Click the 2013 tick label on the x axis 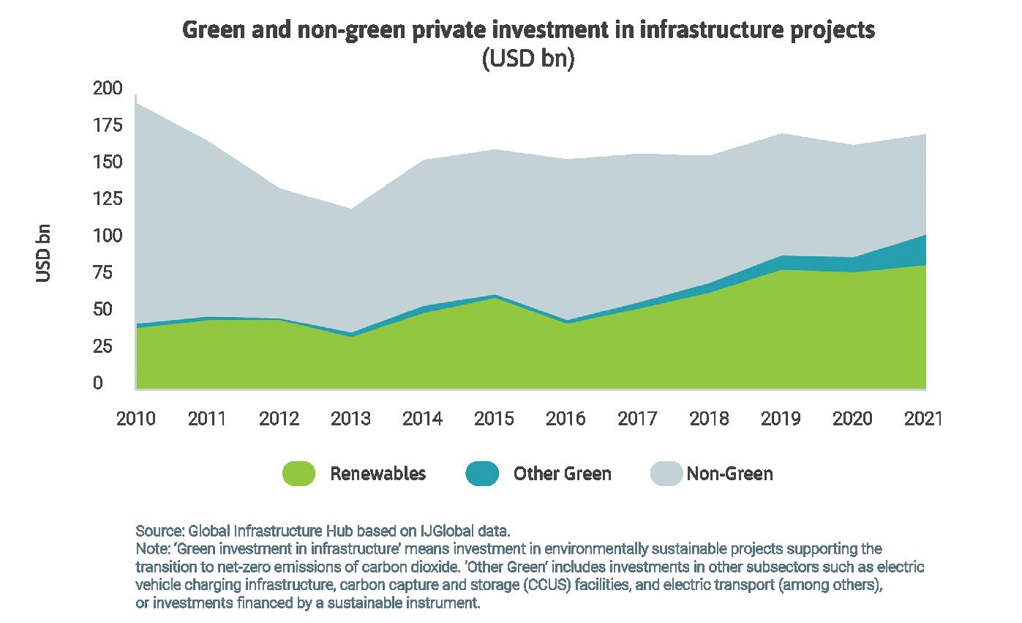coord(351,419)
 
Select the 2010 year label coord(136,419)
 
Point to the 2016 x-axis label coord(566,419)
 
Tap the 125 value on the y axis coord(108,200)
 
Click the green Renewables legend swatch coord(298,474)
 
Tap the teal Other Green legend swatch coord(481,474)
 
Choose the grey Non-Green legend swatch coord(666,474)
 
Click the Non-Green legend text coord(729,474)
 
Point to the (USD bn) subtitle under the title coord(527,59)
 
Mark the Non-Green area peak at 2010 coord(137,103)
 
